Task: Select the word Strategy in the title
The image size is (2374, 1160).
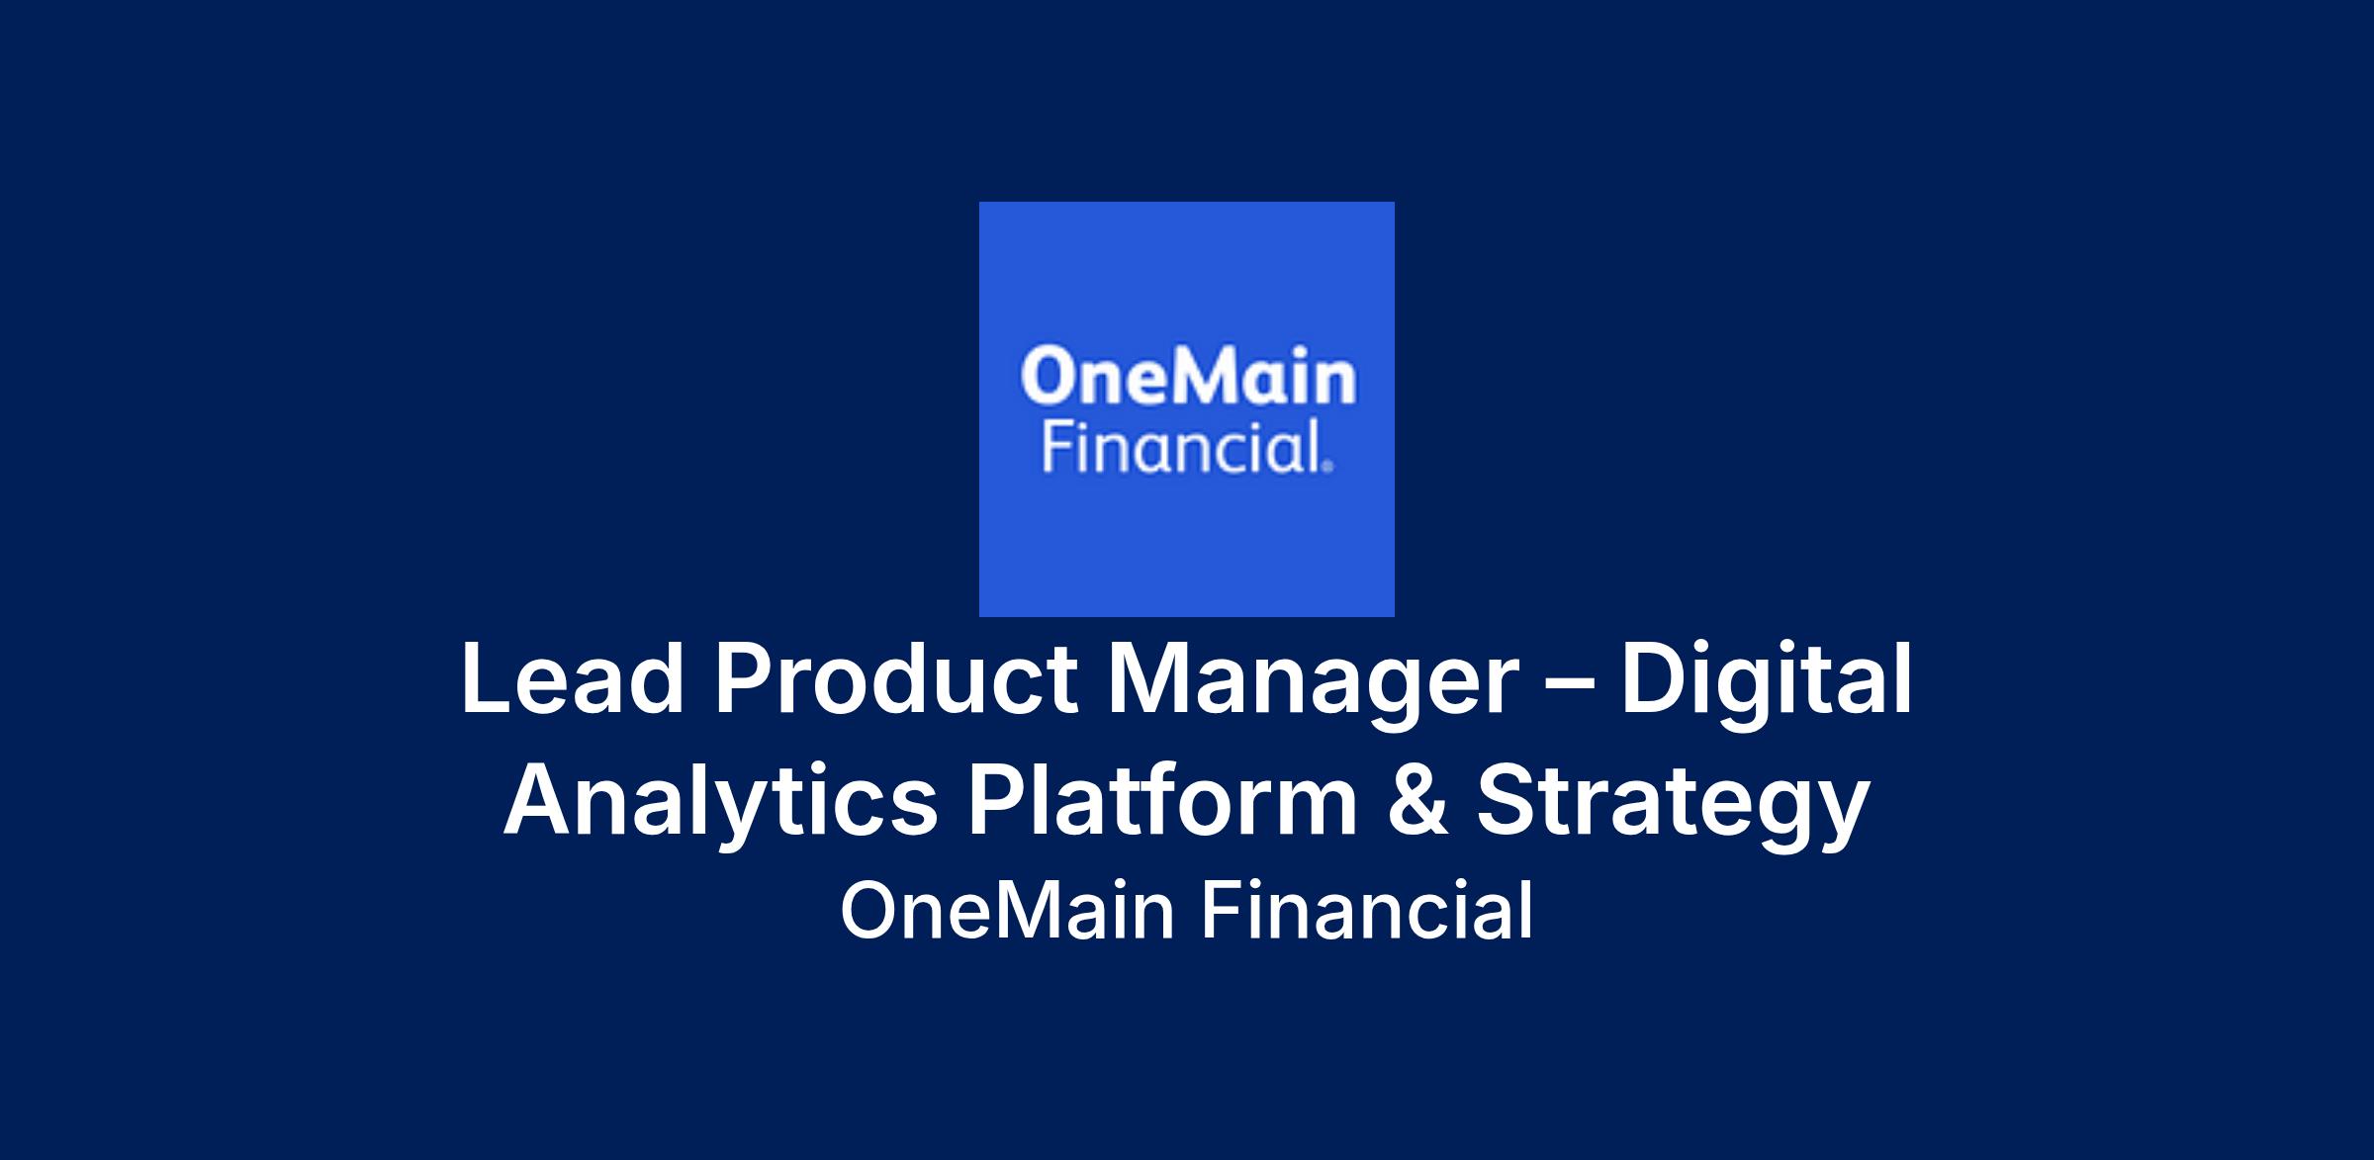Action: click(x=1673, y=805)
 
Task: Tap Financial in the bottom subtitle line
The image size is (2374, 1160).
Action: click(x=1367, y=911)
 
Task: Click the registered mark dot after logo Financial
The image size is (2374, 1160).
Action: click(x=1327, y=468)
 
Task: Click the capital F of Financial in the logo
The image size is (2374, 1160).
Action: click(x=1057, y=449)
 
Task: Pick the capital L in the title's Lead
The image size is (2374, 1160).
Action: click(x=485, y=679)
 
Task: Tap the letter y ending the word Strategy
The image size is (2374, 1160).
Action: click(x=1842, y=816)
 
